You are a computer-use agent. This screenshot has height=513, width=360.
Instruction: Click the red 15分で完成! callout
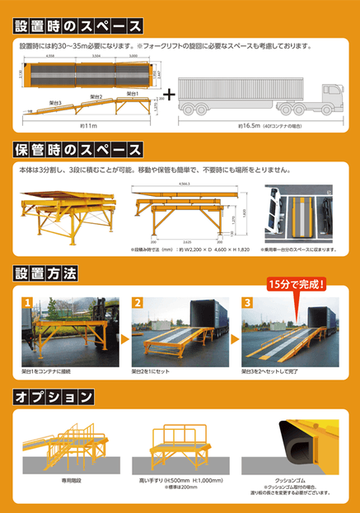297,285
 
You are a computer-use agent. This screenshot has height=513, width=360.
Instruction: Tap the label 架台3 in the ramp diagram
55,103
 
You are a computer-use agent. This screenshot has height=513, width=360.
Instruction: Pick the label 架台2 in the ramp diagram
96,97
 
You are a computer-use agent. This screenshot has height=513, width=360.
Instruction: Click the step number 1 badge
28,302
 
